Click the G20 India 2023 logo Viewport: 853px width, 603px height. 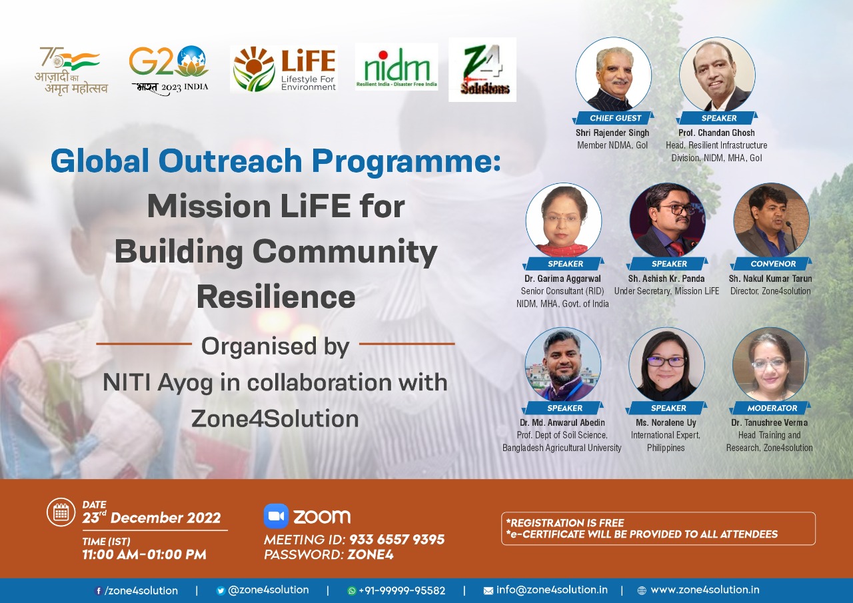click(169, 71)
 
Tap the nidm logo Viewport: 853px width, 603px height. click(397, 67)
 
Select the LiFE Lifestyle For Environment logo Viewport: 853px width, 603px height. click(284, 69)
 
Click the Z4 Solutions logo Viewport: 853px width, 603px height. click(482, 70)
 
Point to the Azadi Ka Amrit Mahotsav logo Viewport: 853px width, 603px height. click(71, 71)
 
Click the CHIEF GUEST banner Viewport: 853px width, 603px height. click(613, 118)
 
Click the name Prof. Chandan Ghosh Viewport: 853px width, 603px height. click(716, 133)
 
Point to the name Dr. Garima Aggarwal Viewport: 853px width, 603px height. click(562, 279)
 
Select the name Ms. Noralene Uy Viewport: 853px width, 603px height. click(666, 422)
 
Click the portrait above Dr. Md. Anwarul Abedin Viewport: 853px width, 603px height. click(563, 365)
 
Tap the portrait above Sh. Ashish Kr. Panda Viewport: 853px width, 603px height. click(667, 221)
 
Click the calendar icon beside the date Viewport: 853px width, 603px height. click(61, 512)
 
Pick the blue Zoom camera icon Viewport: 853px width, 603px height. click(276, 516)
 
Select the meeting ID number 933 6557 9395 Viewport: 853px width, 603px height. click(397, 540)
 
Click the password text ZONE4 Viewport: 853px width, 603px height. click(370, 554)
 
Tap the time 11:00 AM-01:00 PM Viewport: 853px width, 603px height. click(145, 554)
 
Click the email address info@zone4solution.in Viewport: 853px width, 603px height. click(552, 590)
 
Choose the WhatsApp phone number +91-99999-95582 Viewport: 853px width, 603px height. click(402, 590)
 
